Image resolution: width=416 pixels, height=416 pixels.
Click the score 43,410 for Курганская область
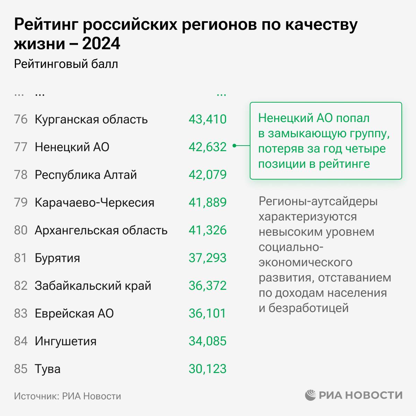click(x=207, y=119)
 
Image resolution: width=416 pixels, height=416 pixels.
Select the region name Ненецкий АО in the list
click(x=72, y=147)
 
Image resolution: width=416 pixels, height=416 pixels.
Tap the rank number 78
click(x=20, y=175)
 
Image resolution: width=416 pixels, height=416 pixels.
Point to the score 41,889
click(x=207, y=202)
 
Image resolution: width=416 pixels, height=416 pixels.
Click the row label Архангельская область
click(x=101, y=230)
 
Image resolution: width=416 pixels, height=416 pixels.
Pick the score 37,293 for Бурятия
click(x=207, y=258)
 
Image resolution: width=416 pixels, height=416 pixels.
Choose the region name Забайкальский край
click(x=93, y=286)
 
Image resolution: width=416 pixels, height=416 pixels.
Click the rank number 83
click(x=20, y=313)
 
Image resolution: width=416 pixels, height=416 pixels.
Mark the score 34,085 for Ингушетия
click(x=207, y=341)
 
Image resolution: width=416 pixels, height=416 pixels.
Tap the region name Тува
click(x=47, y=369)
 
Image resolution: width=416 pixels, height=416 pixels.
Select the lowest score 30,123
click(x=207, y=369)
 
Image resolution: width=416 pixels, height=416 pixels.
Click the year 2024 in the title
click(x=101, y=44)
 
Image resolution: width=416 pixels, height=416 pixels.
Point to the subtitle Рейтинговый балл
click(x=66, y=64)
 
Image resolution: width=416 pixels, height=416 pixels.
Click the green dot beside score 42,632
click(x=234, y=146)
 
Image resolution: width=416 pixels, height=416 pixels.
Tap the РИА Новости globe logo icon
click(x=311, y=395)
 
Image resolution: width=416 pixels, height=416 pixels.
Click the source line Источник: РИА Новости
click(x=68, y=396)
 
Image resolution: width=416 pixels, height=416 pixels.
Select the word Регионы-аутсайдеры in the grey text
click(x=318, y=201)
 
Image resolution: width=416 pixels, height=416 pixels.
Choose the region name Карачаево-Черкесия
click(x=94, y=202)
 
